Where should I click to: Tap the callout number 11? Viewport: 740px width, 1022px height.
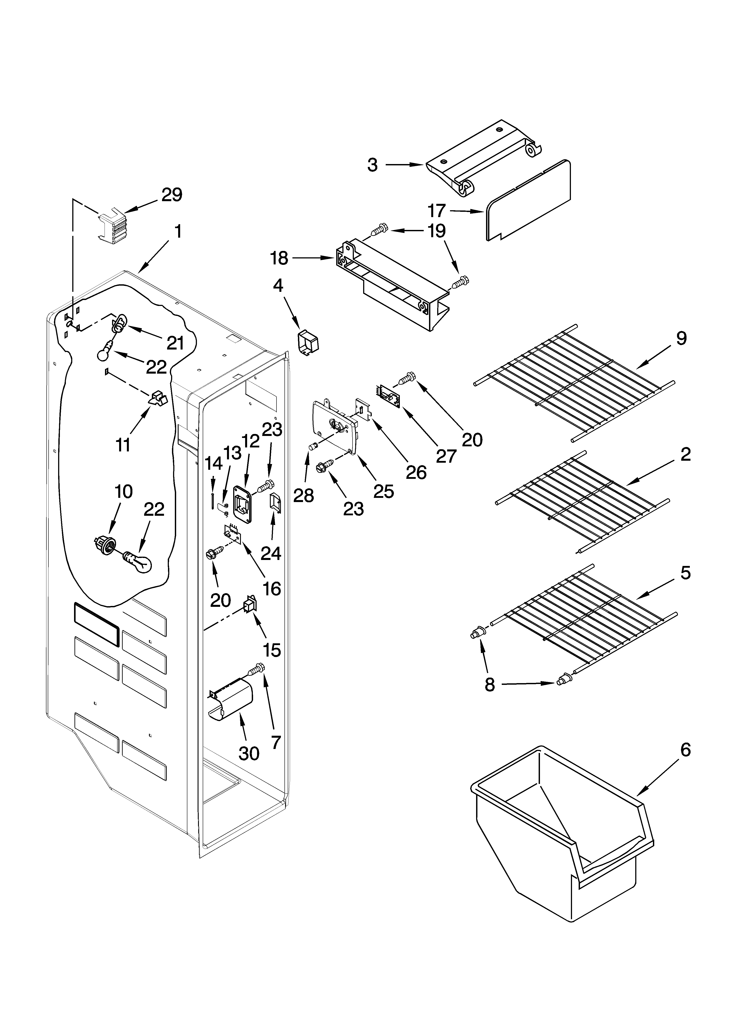(123, 444)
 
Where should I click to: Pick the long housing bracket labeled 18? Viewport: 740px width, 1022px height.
(392, 288)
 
